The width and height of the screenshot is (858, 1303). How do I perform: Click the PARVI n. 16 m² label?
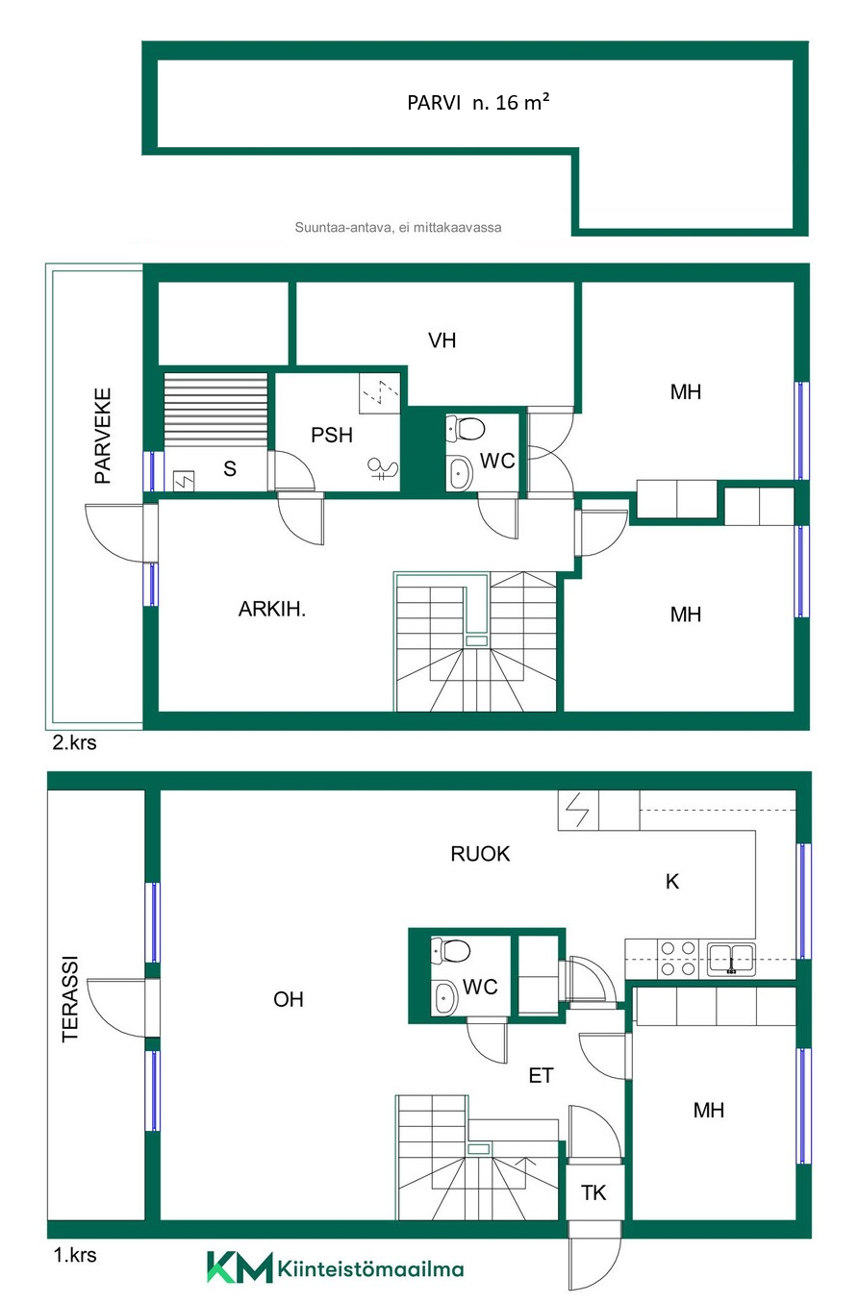478,102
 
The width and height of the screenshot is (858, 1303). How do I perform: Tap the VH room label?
442,340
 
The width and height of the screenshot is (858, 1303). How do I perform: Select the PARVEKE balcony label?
103,436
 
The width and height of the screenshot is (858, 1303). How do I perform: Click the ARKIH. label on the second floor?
271,609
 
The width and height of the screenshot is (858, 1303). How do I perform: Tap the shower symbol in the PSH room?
384,469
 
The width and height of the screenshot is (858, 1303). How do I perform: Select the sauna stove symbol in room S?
184,481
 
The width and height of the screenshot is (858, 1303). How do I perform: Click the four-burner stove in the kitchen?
678,958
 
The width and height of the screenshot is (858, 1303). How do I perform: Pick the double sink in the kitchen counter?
731,959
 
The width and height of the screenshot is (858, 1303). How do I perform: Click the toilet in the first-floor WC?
451,951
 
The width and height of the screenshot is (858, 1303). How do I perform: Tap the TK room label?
593,1192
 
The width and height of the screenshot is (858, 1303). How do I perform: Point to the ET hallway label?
541,1075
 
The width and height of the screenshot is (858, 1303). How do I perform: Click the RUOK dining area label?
480,854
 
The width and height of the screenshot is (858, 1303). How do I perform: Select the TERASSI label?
70,999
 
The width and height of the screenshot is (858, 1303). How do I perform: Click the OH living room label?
289,999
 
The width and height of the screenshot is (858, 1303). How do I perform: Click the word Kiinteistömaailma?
371,1268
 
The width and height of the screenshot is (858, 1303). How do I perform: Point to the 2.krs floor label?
74,742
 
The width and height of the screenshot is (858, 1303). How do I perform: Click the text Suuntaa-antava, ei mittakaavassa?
398,228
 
